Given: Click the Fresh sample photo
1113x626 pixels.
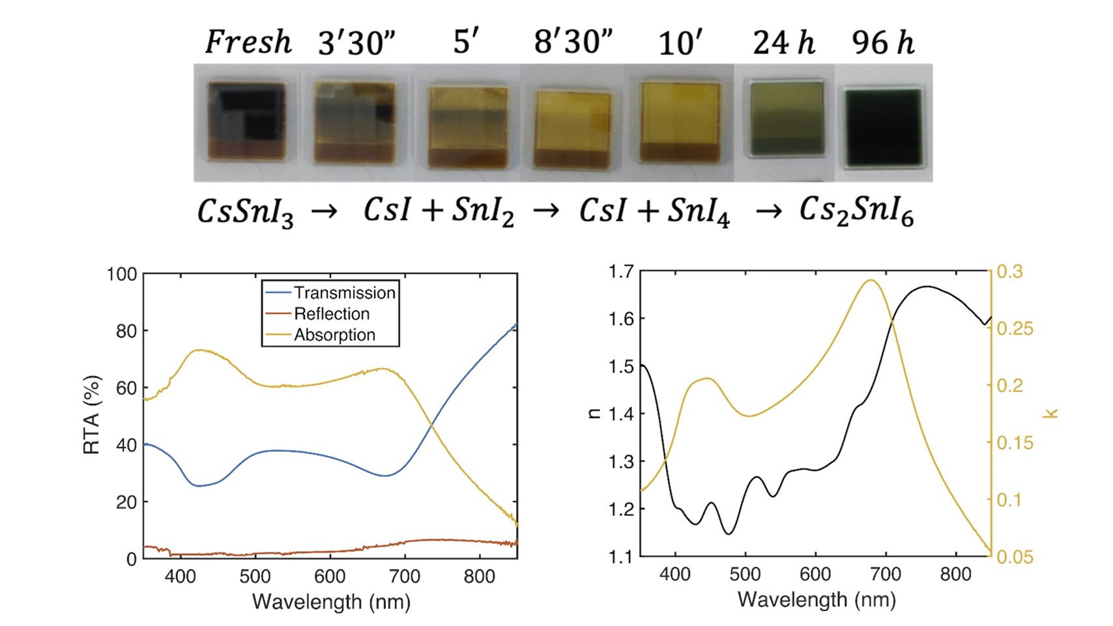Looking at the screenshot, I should point(246,121).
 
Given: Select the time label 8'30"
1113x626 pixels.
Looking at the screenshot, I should point(573,43).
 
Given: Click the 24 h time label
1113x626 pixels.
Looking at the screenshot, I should point(783,43).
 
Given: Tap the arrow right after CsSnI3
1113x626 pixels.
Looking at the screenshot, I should point(324,211).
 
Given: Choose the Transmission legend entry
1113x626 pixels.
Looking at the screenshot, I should point(344,293).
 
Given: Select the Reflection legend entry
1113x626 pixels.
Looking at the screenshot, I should point(331,314).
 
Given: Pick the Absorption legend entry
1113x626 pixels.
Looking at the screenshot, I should point(334,335).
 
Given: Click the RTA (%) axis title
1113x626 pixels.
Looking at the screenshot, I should point(92,415).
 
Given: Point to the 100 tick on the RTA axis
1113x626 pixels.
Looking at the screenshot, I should point(122,274).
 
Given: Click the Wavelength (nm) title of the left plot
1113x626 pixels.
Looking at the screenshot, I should point(331,601).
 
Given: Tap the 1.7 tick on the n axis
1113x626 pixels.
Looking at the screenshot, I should point(621,271).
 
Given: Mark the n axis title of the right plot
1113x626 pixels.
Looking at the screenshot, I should point(594,412).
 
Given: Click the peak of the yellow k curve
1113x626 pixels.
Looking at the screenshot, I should point(871,280).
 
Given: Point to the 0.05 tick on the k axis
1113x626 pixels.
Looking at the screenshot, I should point(1015,557).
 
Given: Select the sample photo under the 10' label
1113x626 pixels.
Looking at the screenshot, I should point(680,121).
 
